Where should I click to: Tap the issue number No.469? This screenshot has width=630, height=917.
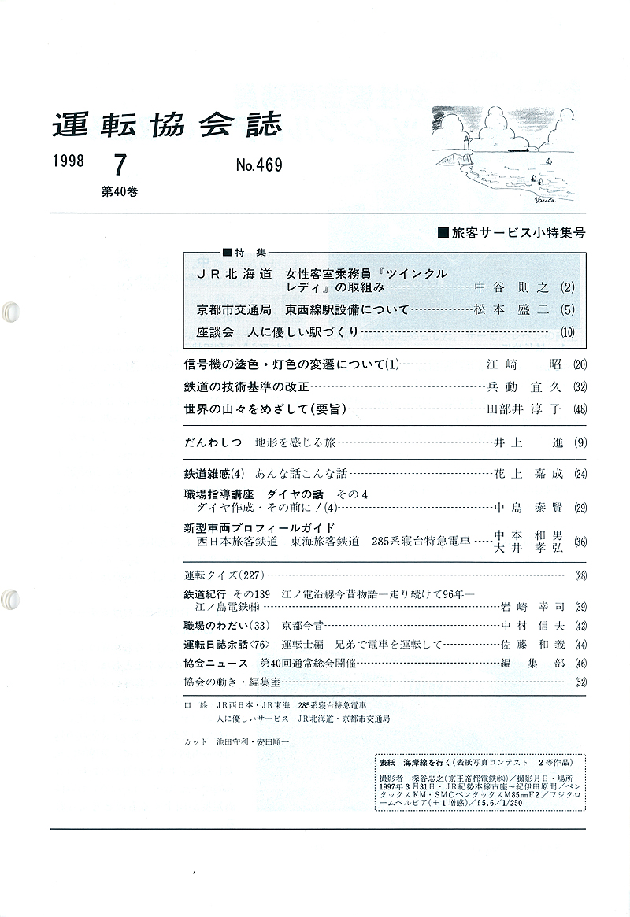pos(258,166)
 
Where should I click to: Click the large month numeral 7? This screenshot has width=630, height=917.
pos(120,165)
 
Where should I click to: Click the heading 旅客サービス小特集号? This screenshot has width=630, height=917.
pos(512,234)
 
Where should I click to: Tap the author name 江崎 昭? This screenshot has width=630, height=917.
pos(526,364)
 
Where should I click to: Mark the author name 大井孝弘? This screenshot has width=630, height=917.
pos(528,548)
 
